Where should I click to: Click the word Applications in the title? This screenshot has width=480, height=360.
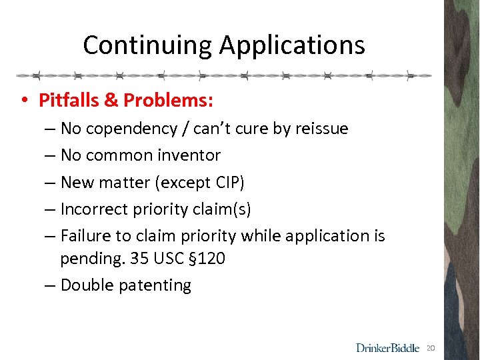click(292, 45)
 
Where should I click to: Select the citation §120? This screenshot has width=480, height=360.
click(211, 258)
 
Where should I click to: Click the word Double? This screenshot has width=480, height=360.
click(85, 285)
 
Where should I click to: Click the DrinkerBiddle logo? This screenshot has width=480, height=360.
click(387, 347)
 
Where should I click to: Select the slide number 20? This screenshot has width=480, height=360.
click(431, 347)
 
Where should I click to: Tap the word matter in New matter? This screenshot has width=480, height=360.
click(122, 182)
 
